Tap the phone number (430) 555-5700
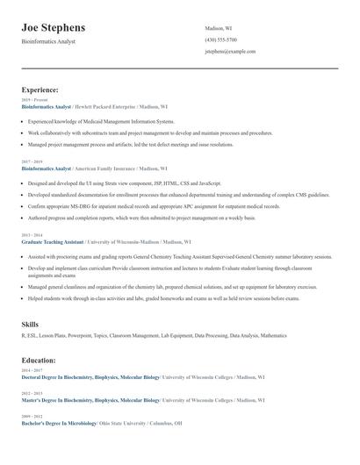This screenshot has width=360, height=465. point(220,39)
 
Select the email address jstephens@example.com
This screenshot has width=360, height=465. point(230,51)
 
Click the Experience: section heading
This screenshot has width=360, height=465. point(40,89)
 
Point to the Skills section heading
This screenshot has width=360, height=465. point(30,325)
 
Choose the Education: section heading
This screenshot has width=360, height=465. point(39,360)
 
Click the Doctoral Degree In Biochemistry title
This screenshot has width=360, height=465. point(90,376)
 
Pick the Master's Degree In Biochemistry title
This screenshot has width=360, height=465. point(90,399)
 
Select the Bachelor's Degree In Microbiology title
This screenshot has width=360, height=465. point(59,423)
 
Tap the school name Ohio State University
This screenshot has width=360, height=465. point(122,423)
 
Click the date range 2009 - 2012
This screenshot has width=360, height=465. point(31,416)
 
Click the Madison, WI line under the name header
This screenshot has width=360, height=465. point(218,28)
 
